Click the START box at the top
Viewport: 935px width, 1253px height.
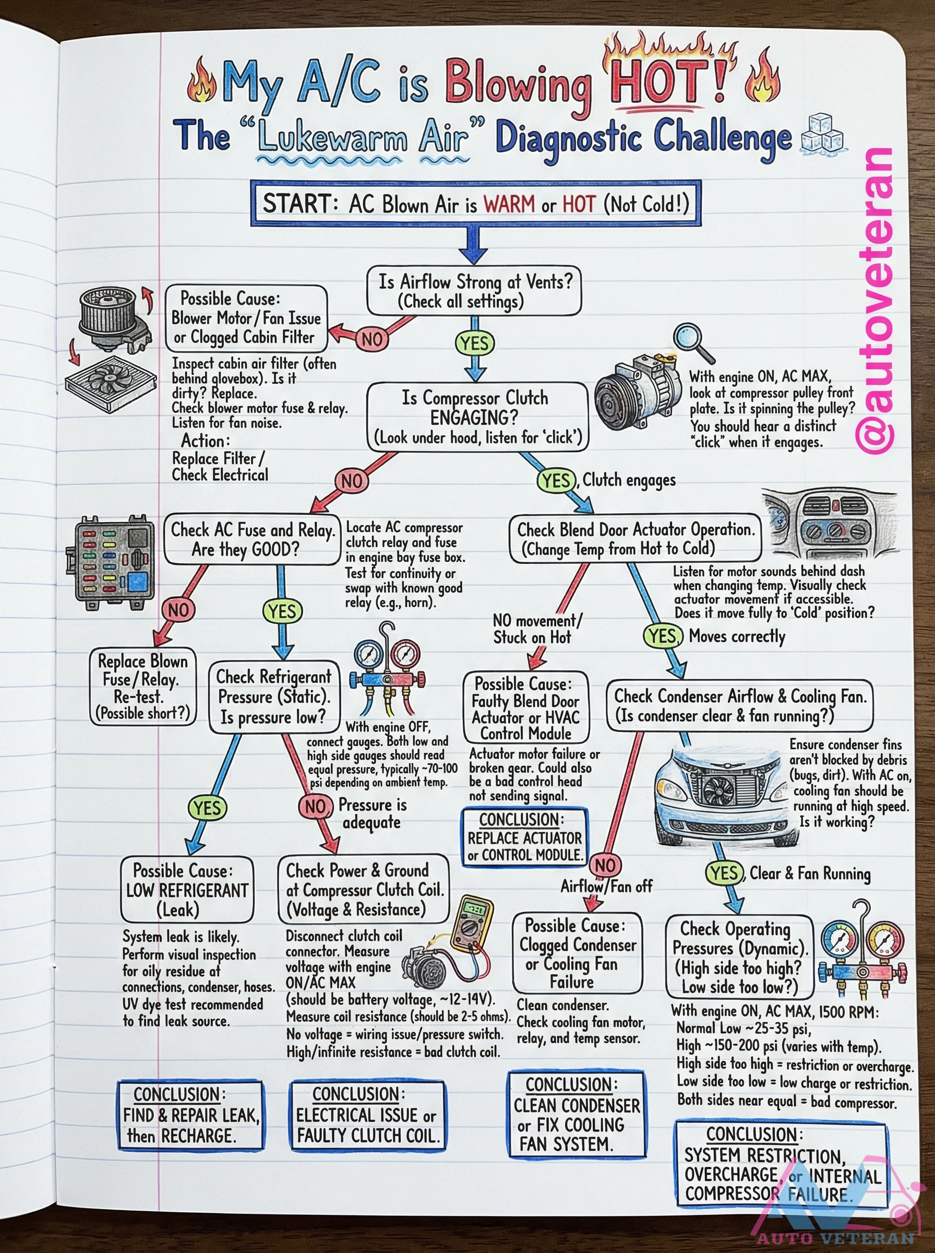[x=475, y=203]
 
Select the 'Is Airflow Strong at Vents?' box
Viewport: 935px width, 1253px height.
[x=474, y=290]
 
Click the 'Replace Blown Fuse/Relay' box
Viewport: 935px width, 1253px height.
[x=143, y=686]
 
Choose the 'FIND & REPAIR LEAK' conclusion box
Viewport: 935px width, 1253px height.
[x=191, y=1115]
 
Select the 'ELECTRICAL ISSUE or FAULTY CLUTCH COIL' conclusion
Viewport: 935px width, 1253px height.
[x=367, y=1115]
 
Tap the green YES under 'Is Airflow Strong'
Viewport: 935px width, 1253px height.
[x=474, y=343]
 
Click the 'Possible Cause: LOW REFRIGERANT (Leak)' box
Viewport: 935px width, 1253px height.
[x=186, y=890]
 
